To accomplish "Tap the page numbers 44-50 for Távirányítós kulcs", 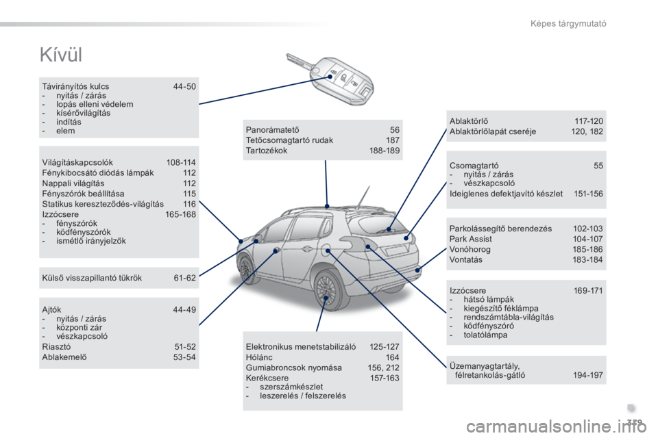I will (x=184, y=87).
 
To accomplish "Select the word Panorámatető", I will (x=272, y=129).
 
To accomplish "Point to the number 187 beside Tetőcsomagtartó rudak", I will (x=392, y=140).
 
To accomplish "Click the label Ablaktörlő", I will (x=469, y=120).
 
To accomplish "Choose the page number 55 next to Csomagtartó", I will (x=598, y=166).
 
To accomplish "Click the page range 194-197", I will (x=587, y=375).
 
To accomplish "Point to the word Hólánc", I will (x=256, y=357).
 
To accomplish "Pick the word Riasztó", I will (x=54, y=346).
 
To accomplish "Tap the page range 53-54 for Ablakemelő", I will (x=184, y=357).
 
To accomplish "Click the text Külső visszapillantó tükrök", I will (x=92, y=278).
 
